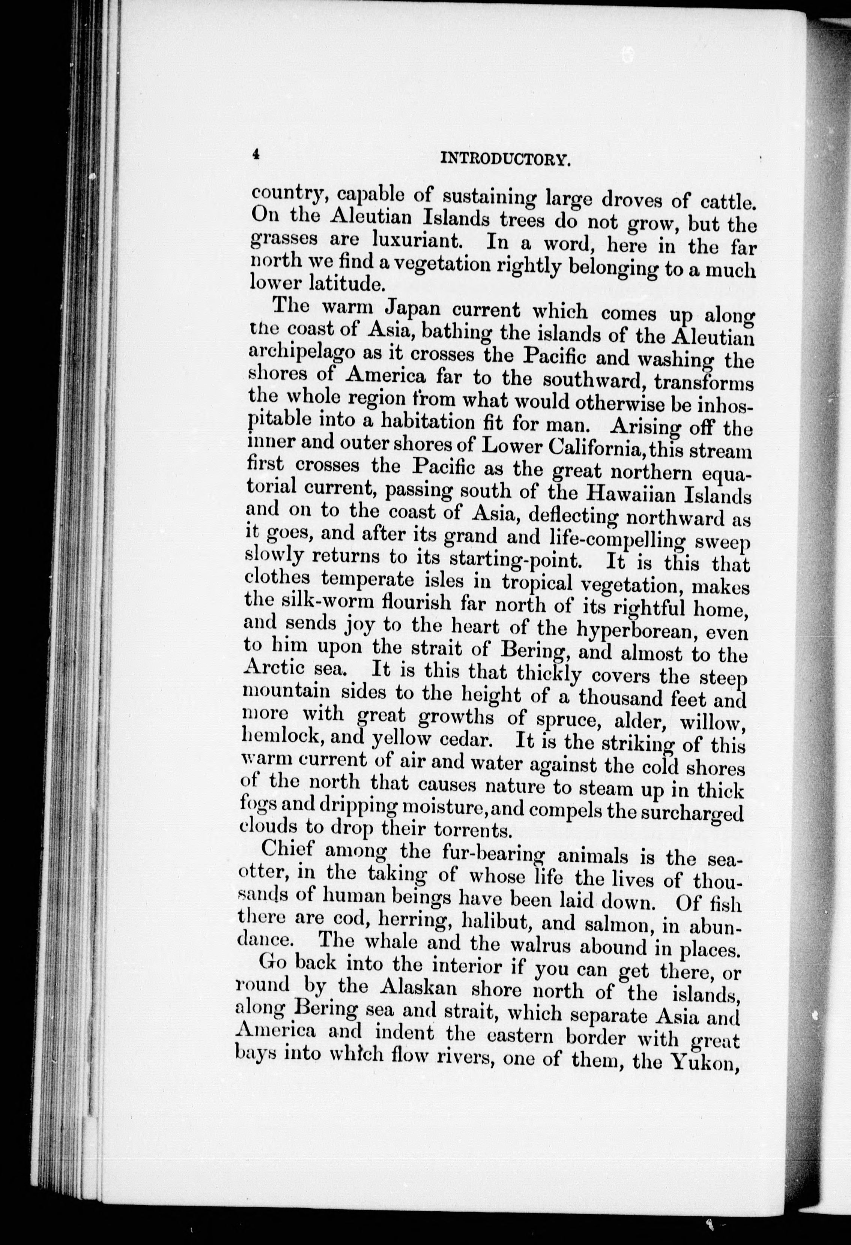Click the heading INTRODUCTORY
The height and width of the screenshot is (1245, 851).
(x=504, y=159)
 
